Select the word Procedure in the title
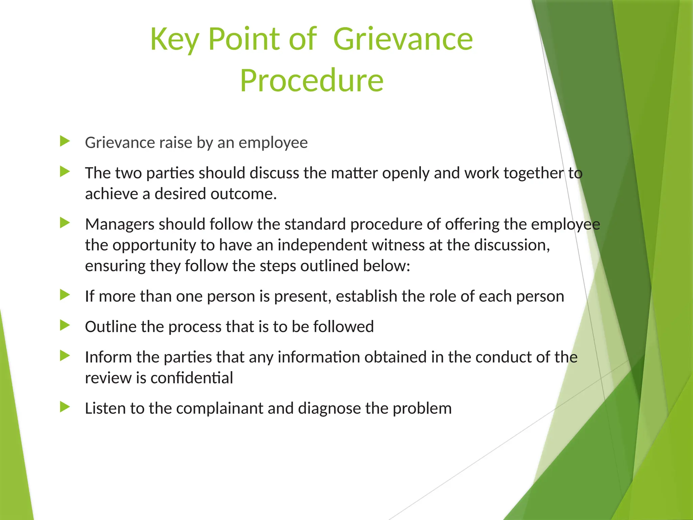pyautogui.click(x=312, y=81)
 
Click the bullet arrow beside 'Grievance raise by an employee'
pyautogui.click(x=65, y=141)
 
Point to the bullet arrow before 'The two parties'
pyautogui.click(x=65, y=172)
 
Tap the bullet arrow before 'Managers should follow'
pyautogui.click(x=65, y=223)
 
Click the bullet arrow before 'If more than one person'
pyautogui.click(x=65, y=295)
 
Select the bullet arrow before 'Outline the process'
pyautogui.click(x=65, y=325)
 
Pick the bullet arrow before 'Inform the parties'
pyautogui.click(x=65, y=356)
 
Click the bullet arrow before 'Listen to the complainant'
pyautogui.click(x=65, y=407)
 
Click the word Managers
pyautogui.click(x=119, y=224)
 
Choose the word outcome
pyautogui.click(x=244, y=194)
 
